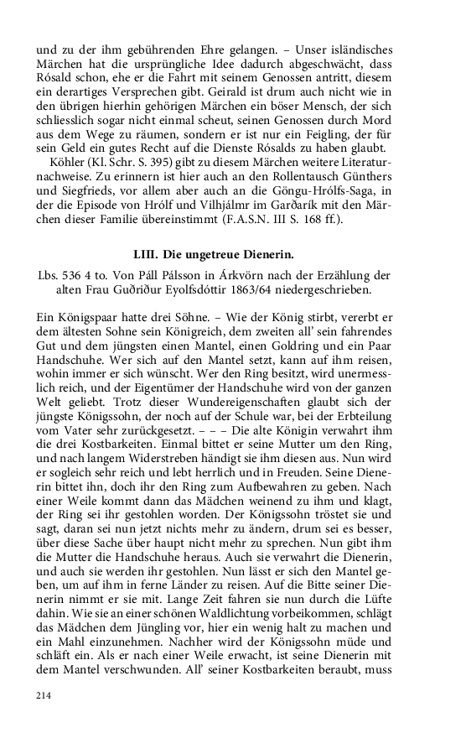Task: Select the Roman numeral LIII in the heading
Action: point(148,254)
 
